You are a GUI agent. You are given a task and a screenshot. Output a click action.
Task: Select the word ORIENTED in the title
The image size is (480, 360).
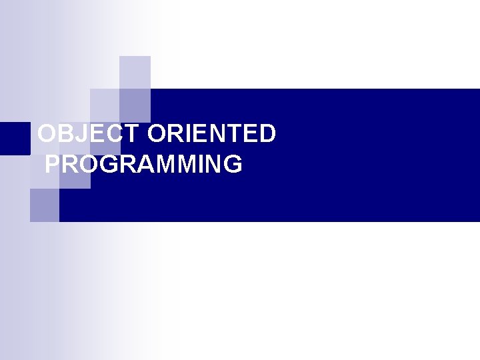[211, 134]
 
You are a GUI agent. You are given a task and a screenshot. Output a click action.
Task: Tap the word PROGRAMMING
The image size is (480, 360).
[143, 164]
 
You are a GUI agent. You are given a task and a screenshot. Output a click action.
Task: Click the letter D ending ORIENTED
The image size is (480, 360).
[267, 134]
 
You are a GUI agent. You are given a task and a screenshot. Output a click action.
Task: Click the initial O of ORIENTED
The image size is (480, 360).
[158, 134]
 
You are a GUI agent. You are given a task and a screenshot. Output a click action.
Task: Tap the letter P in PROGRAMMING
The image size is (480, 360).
[53, 164]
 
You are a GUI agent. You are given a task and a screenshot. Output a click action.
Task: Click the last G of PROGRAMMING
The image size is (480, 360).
[233, 164]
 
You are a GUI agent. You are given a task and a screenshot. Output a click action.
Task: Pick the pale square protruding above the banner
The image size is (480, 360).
[135, 72]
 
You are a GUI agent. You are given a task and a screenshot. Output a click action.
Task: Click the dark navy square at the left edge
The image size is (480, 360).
[15, 139]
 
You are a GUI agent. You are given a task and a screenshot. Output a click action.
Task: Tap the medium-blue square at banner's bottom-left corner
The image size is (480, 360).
[45, 205]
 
